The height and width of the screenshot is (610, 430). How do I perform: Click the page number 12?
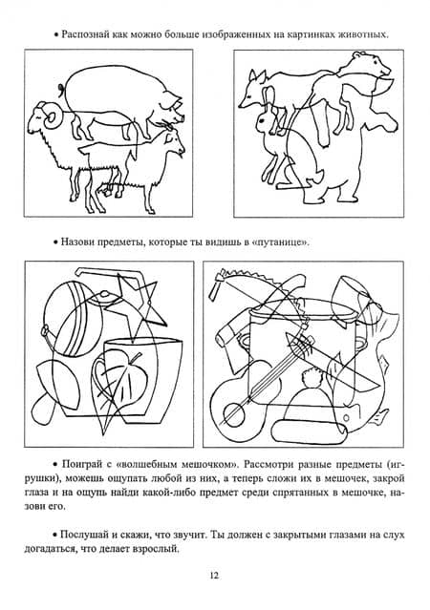click(x=214, y=575)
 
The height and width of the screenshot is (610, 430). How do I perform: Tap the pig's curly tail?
click(x=61, y=90)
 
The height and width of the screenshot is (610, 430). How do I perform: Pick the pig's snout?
click(x=180, y=116)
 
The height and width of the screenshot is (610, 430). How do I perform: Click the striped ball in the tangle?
click(x=74, y=318)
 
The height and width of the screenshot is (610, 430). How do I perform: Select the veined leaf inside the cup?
click(x=119, y=377)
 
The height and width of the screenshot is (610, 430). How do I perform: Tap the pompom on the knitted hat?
click(x=312, y=377)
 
